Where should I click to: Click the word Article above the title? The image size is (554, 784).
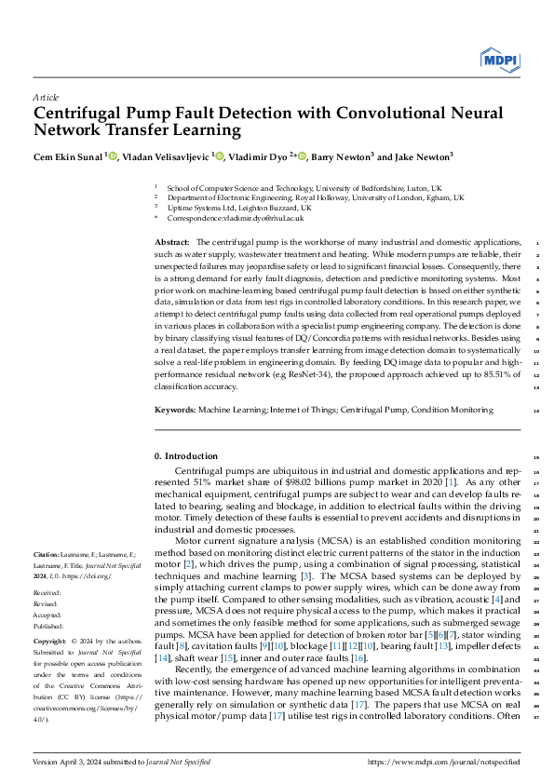pos(46,97)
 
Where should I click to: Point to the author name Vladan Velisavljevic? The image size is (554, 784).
pos(166,157)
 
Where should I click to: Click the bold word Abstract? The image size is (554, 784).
pos(173,242)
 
